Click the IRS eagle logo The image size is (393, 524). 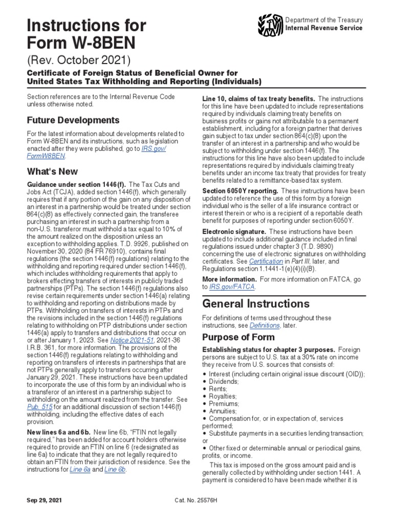[270, 25]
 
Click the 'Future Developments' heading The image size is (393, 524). [73, 120]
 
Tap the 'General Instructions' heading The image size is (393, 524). [253, 303]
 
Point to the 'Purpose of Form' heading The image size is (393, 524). [238, 337]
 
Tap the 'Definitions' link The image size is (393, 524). [265, 325]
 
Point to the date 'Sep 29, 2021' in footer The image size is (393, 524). [44, 499]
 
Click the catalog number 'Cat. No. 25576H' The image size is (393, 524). [196, 499]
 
